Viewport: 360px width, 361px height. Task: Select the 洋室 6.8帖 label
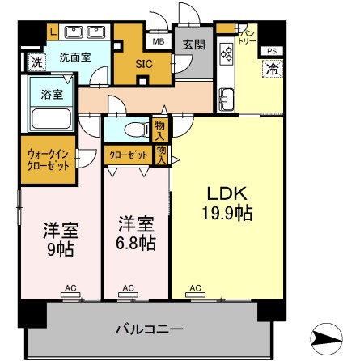point(135,232)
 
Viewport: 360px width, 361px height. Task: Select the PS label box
point(271,52)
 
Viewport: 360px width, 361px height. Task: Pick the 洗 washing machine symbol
point(36,62)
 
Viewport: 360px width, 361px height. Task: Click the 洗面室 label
point(74,57)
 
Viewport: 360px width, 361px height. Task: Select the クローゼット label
point(127,153)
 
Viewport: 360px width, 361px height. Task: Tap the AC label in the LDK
point(196,287)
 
